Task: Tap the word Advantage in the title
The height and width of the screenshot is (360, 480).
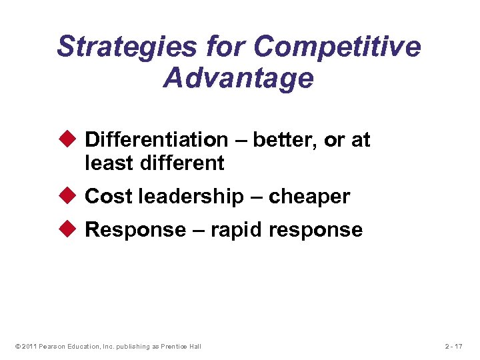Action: pyautogui.click(x=238, y=78)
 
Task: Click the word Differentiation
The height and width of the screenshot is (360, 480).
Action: pyautogui.click(x=157, y=140)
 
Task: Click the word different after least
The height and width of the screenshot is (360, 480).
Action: pyautogui.click(x=182, y=162)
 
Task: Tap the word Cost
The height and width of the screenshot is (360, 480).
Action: pyautogui.click(x=109, y=197)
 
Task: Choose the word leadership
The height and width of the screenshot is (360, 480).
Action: pyautogui.click(x=188, y=197)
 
